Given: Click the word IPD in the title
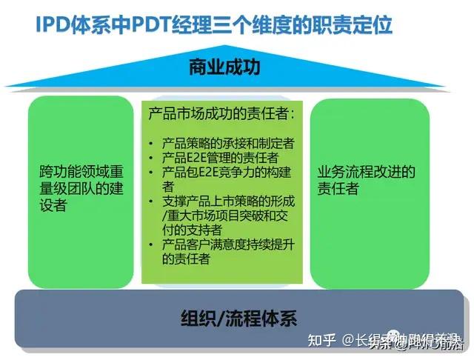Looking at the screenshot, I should pos(53,24).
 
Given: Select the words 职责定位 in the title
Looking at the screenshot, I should pos(354,24).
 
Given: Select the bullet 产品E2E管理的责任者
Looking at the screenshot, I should pos(216,158).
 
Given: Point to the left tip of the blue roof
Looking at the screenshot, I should pos(7,87).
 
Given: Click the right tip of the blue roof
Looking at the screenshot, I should pos(465,87).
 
